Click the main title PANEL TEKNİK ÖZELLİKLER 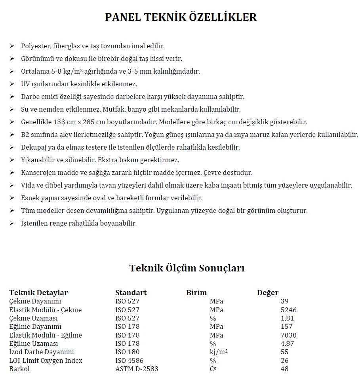point(181,17)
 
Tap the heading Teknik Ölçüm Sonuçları point(187,268)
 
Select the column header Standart point(131,293)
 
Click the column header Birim point(196,293)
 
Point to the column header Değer point(268,293)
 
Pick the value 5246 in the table point(288,310)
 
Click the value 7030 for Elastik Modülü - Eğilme point(288,335)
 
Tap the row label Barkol point(19,369)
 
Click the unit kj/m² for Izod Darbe point(218,352)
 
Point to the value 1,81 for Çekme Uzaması point(287,318)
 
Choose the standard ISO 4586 point(129,360)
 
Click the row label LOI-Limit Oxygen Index point(46,360)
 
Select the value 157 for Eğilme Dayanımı point(286,327)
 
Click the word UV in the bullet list point(25,84)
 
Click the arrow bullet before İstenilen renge point(12,223)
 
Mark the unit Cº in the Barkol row point(213,369)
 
